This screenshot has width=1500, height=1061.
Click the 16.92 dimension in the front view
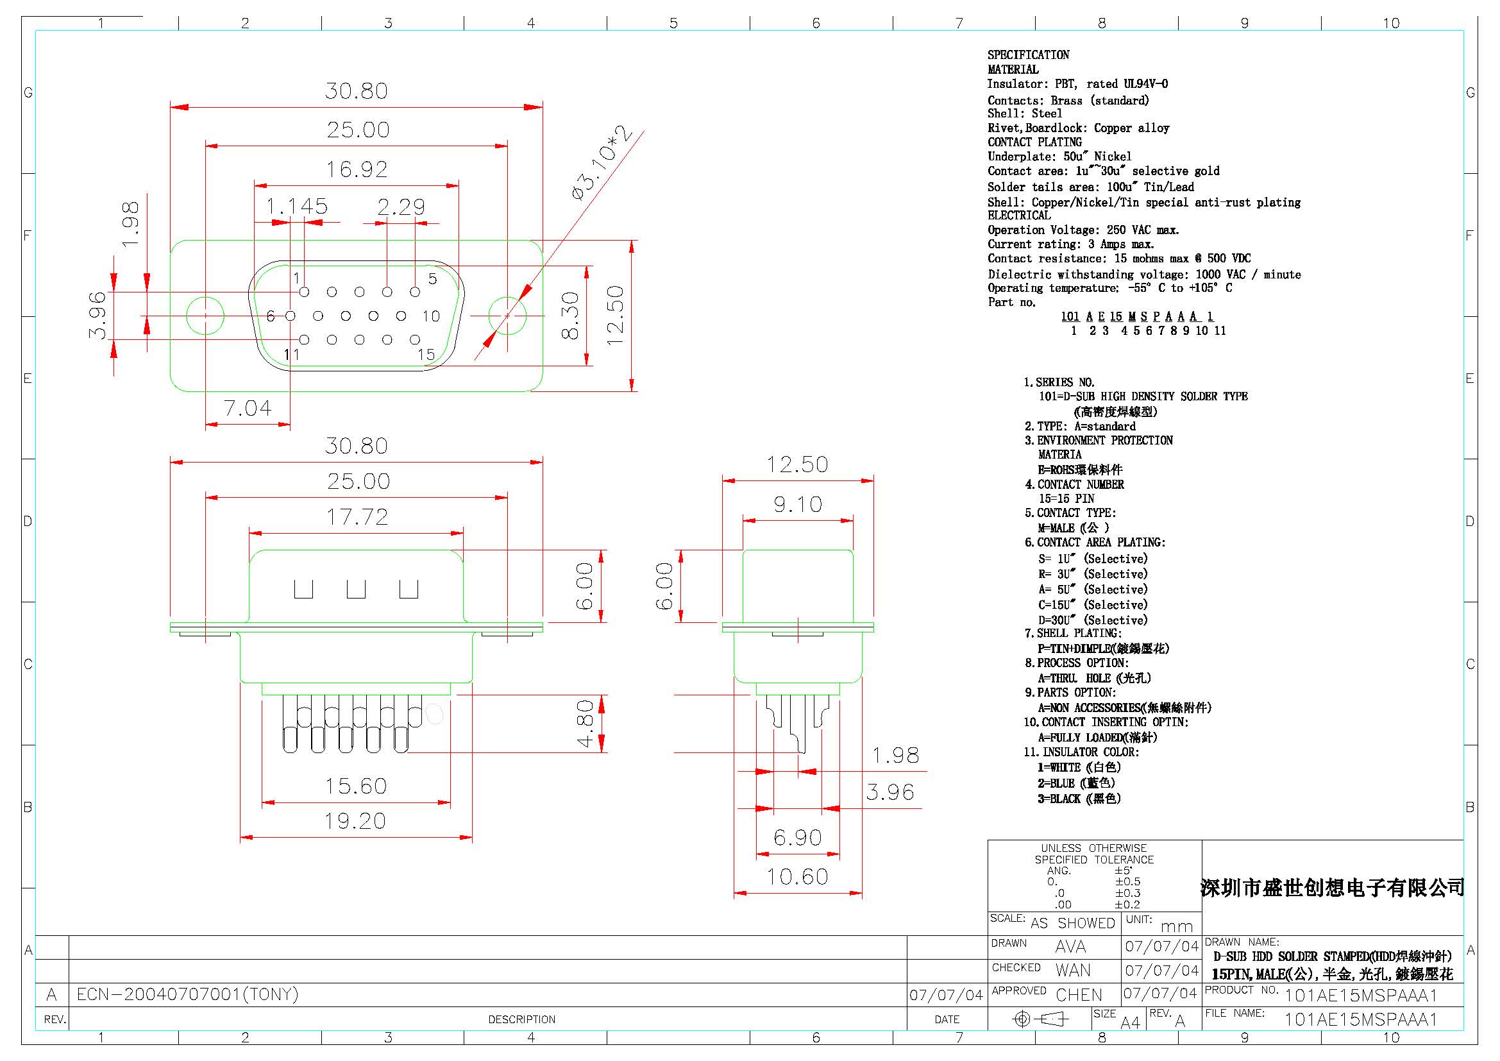pyautogui.click(x=357, y=170)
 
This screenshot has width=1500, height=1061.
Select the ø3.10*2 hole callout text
pyautogui.click(x=602, y=164)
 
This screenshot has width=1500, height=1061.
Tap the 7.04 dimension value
pyautogui.click(x=247, y=409)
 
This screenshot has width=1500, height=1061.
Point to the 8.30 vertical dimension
pyautogui.click(x=570, y=316)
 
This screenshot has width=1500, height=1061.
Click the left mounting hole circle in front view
pyautogui.click(x=205, y=316)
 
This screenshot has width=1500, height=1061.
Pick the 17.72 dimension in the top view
pyautogui.click(x=357, y=518)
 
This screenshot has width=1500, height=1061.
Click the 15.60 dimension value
pyautogui.click(x=356, y=786)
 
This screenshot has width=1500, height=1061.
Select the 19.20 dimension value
pyautogui.click(x=355, y=821)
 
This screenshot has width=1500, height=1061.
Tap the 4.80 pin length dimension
pyautogui.click(x=586, y=723)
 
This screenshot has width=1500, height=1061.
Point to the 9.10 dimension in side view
pyautogui.click(x=798, y=504)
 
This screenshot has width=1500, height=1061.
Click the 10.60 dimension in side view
pyautogui.click(x=797, y=877)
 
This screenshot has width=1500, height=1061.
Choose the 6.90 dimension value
pyautogui.click(x=797, y=838)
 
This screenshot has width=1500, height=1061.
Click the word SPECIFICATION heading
pyautogui.click(x=1028, y=55)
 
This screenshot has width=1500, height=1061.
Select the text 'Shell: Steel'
pyautogui.click(x=1024, y=114)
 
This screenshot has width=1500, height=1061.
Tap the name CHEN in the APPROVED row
pyautogui.click(x=1079, y=995)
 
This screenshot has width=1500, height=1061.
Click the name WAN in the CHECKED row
pyautogui.click(x=1073, y=970)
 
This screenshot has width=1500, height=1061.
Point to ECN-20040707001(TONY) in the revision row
pyautogui.click(x=187, y=994)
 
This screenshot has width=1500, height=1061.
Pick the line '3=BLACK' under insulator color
pyautogui.click(x=1079, y=799)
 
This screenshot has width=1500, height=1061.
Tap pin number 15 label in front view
pyautogui.click(x=426, y=355)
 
